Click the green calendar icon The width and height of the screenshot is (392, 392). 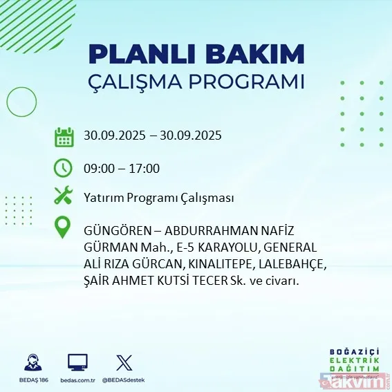[x=64, y=137]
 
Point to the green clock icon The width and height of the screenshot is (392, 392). [x=64, y=167]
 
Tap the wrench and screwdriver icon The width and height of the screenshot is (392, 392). [x=64, y=196]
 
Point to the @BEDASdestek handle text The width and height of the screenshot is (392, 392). [x=125, y=380]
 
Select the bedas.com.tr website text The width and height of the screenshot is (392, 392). [x=77, y=380]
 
